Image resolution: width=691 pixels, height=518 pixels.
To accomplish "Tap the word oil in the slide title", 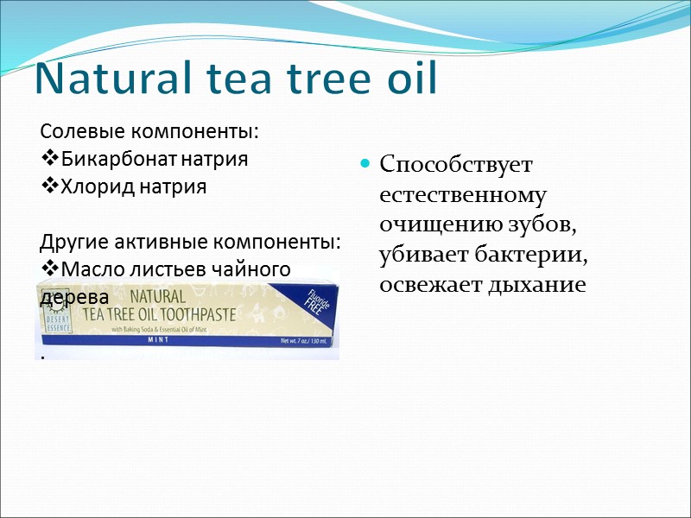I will (x=407, y=80).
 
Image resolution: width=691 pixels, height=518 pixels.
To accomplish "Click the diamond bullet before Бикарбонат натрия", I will (x=48, y=160).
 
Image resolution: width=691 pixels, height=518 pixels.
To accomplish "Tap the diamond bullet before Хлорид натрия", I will (x=48, y=186).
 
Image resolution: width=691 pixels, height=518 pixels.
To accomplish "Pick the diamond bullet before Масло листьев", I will (x=48, y=269).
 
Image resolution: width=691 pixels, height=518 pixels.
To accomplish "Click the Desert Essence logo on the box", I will (x=60, y=316).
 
